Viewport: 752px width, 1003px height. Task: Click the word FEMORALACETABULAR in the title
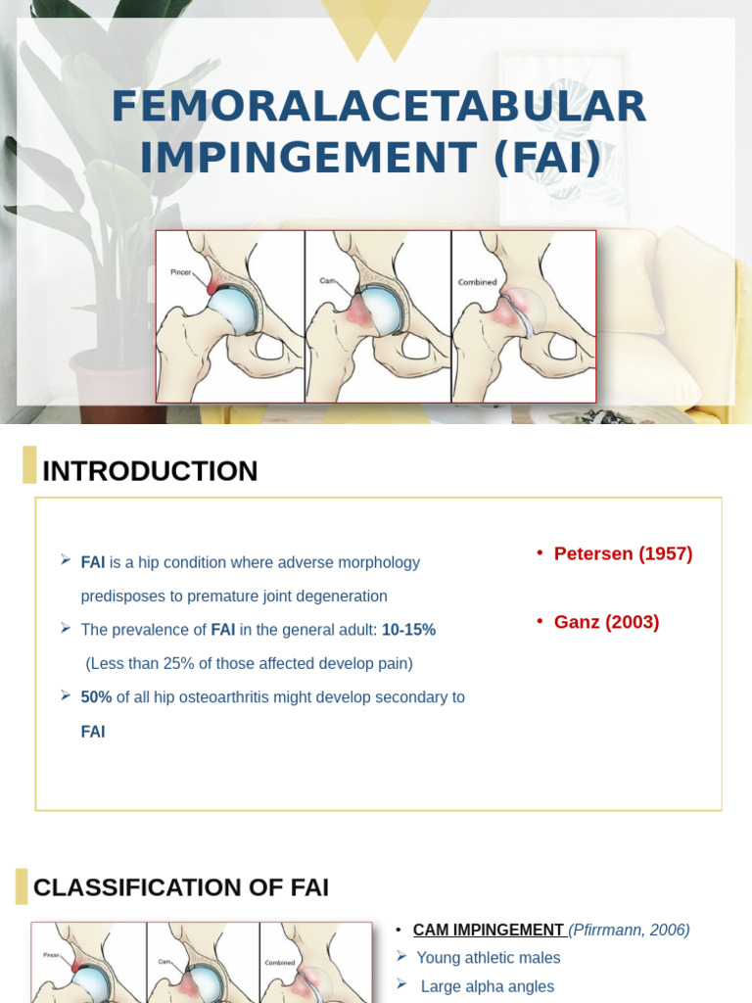point(378,107)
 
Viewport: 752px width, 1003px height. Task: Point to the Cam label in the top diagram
point(328,280)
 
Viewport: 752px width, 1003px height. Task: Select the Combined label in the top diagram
point(478,282)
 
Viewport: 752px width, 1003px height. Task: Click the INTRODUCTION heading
point(150,471)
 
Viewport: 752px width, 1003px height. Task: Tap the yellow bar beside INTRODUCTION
point(29,465)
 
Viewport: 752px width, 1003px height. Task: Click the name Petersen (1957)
point(623,553)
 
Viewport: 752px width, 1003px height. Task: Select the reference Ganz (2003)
point(606,622)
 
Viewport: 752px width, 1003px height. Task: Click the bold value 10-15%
point(408,630)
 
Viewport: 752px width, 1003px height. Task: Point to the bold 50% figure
point(96,697)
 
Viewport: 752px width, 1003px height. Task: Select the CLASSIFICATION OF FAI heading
point(181,887)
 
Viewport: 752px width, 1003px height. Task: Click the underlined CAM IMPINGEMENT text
point(488,930)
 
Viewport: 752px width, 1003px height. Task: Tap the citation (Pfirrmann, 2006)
point(630,930)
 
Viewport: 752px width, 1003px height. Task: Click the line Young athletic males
point(489,958)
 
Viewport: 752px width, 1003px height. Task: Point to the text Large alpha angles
point(488,986)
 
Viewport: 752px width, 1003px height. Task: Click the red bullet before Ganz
point(540,622)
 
